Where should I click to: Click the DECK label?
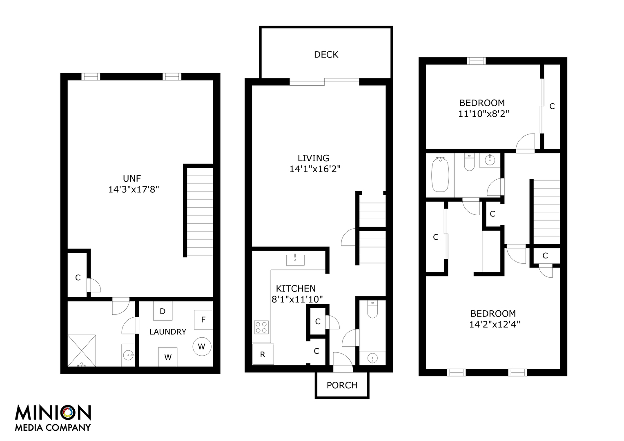(326, 55)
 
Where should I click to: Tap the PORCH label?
(342, 385)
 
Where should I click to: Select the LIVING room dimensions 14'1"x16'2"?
(315, 169)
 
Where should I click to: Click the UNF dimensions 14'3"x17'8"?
(134, 189)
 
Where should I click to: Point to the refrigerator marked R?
(263, 354)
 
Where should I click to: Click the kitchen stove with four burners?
(261, 327)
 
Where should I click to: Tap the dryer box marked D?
(163, 311)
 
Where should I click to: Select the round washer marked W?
(202, 347)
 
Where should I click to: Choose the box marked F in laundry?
(203, 320)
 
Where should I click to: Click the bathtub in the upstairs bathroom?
(440, 174)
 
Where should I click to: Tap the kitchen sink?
(295, 260)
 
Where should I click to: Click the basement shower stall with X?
(82, 351)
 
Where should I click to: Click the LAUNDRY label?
(168, 332)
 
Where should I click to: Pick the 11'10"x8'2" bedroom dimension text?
(484, 114)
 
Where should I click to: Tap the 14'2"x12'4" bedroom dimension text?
(495, 325)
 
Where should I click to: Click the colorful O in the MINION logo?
(68, 413)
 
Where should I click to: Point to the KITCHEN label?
(296, 288)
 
